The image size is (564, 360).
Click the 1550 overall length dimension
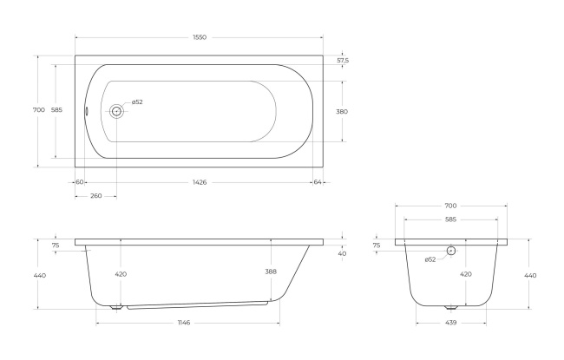[200, 37]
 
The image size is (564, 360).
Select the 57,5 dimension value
[343, 61]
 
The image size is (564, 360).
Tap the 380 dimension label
[342, 112]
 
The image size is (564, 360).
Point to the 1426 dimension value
[200, 182]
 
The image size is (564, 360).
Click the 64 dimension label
[318, 182]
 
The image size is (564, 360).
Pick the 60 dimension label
[80, 182]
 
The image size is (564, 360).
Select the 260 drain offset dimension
[96, 196]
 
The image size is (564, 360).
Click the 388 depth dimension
[271, 272]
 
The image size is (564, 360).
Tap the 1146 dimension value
[184, 323]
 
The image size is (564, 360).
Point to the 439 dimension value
[450, 323]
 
